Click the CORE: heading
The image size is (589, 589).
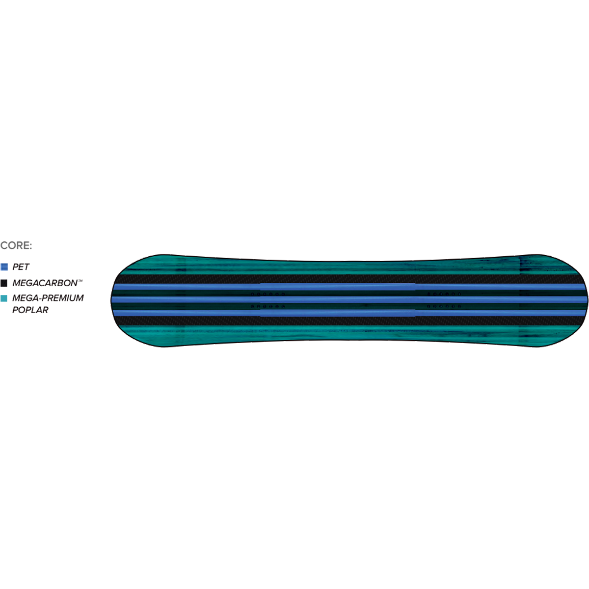pyautogui.click(x=16, y=245)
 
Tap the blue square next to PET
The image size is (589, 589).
pyautogui.click(x=4, y=267)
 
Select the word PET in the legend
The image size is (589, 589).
pyautogui.click(x=21, y=267)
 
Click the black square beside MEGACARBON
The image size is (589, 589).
pyautogui.click(x=4, y=283)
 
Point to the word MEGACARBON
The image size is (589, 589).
pyautogui.click(x=45, y=283)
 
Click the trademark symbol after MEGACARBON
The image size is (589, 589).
pyautogui.click(x=80, y=281)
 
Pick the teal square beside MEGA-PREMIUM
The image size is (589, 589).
pyautogui.click(x=4, y=298)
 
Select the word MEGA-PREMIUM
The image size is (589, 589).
pyautogui.click(x=48, y=298)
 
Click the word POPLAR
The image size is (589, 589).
pyautogui.click(x=30, y=310)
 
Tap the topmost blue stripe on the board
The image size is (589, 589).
pyautogui.click(x=348, y=286)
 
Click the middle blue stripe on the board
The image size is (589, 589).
pyautogui.click(x=348, y=299)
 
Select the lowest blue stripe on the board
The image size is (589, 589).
pyautogui.click(x=348, y=313)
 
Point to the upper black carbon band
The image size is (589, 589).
pyautogui.click(x=348, y=279)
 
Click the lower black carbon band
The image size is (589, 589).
pyautogui.click(x=348, y=321)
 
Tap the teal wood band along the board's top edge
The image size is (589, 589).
pyautogui.click(x=348, y=267)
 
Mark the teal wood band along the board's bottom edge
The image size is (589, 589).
pyautogui.click(x=348, y=333)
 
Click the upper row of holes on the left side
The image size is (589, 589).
pyautogui.click(x=268, y=294)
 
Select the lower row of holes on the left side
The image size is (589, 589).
pyautogui.click(x=268, y=306)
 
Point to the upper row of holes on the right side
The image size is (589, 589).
pyautogui.click(x=444, y=294)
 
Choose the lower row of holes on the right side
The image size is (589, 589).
pyautogui.click(x=444, y=306)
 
